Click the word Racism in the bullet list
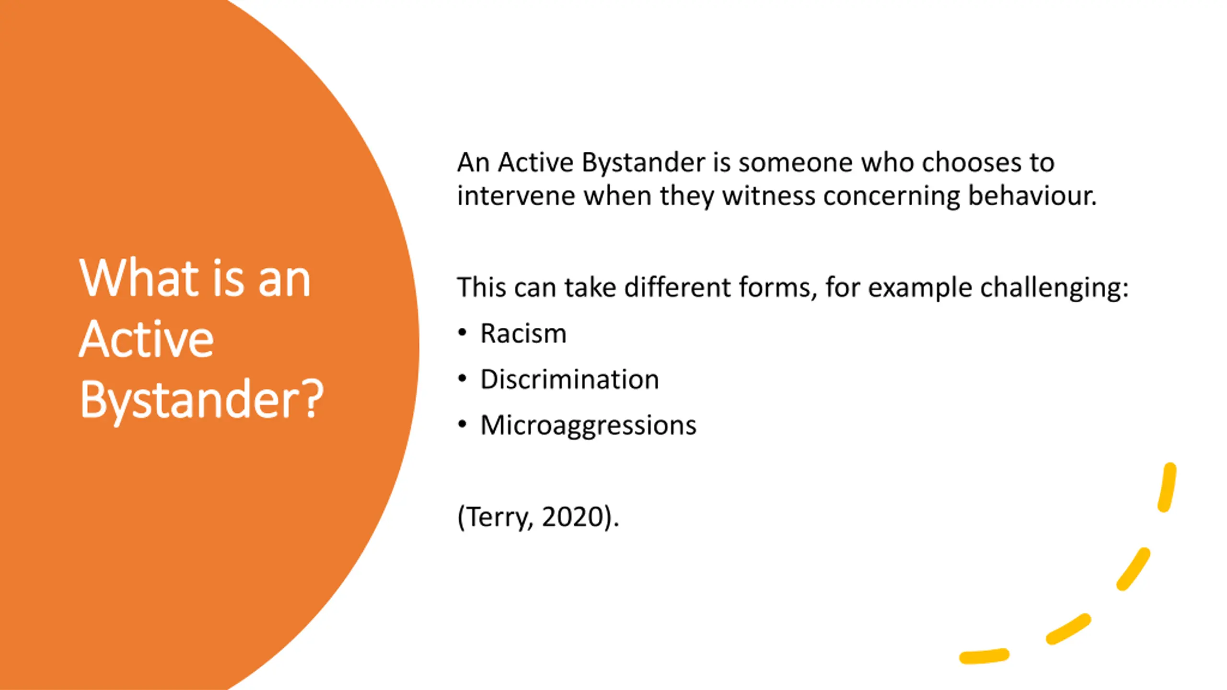pos(523,333)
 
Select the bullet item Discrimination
pos(569,379)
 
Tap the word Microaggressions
pos(588,425)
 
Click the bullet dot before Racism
pos(462,333)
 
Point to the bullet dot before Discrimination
pos(462,379)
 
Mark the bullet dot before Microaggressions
pos(462,425)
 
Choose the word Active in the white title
pos(146,338)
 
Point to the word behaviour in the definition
pos(1032,196)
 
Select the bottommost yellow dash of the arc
pos(984,656)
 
